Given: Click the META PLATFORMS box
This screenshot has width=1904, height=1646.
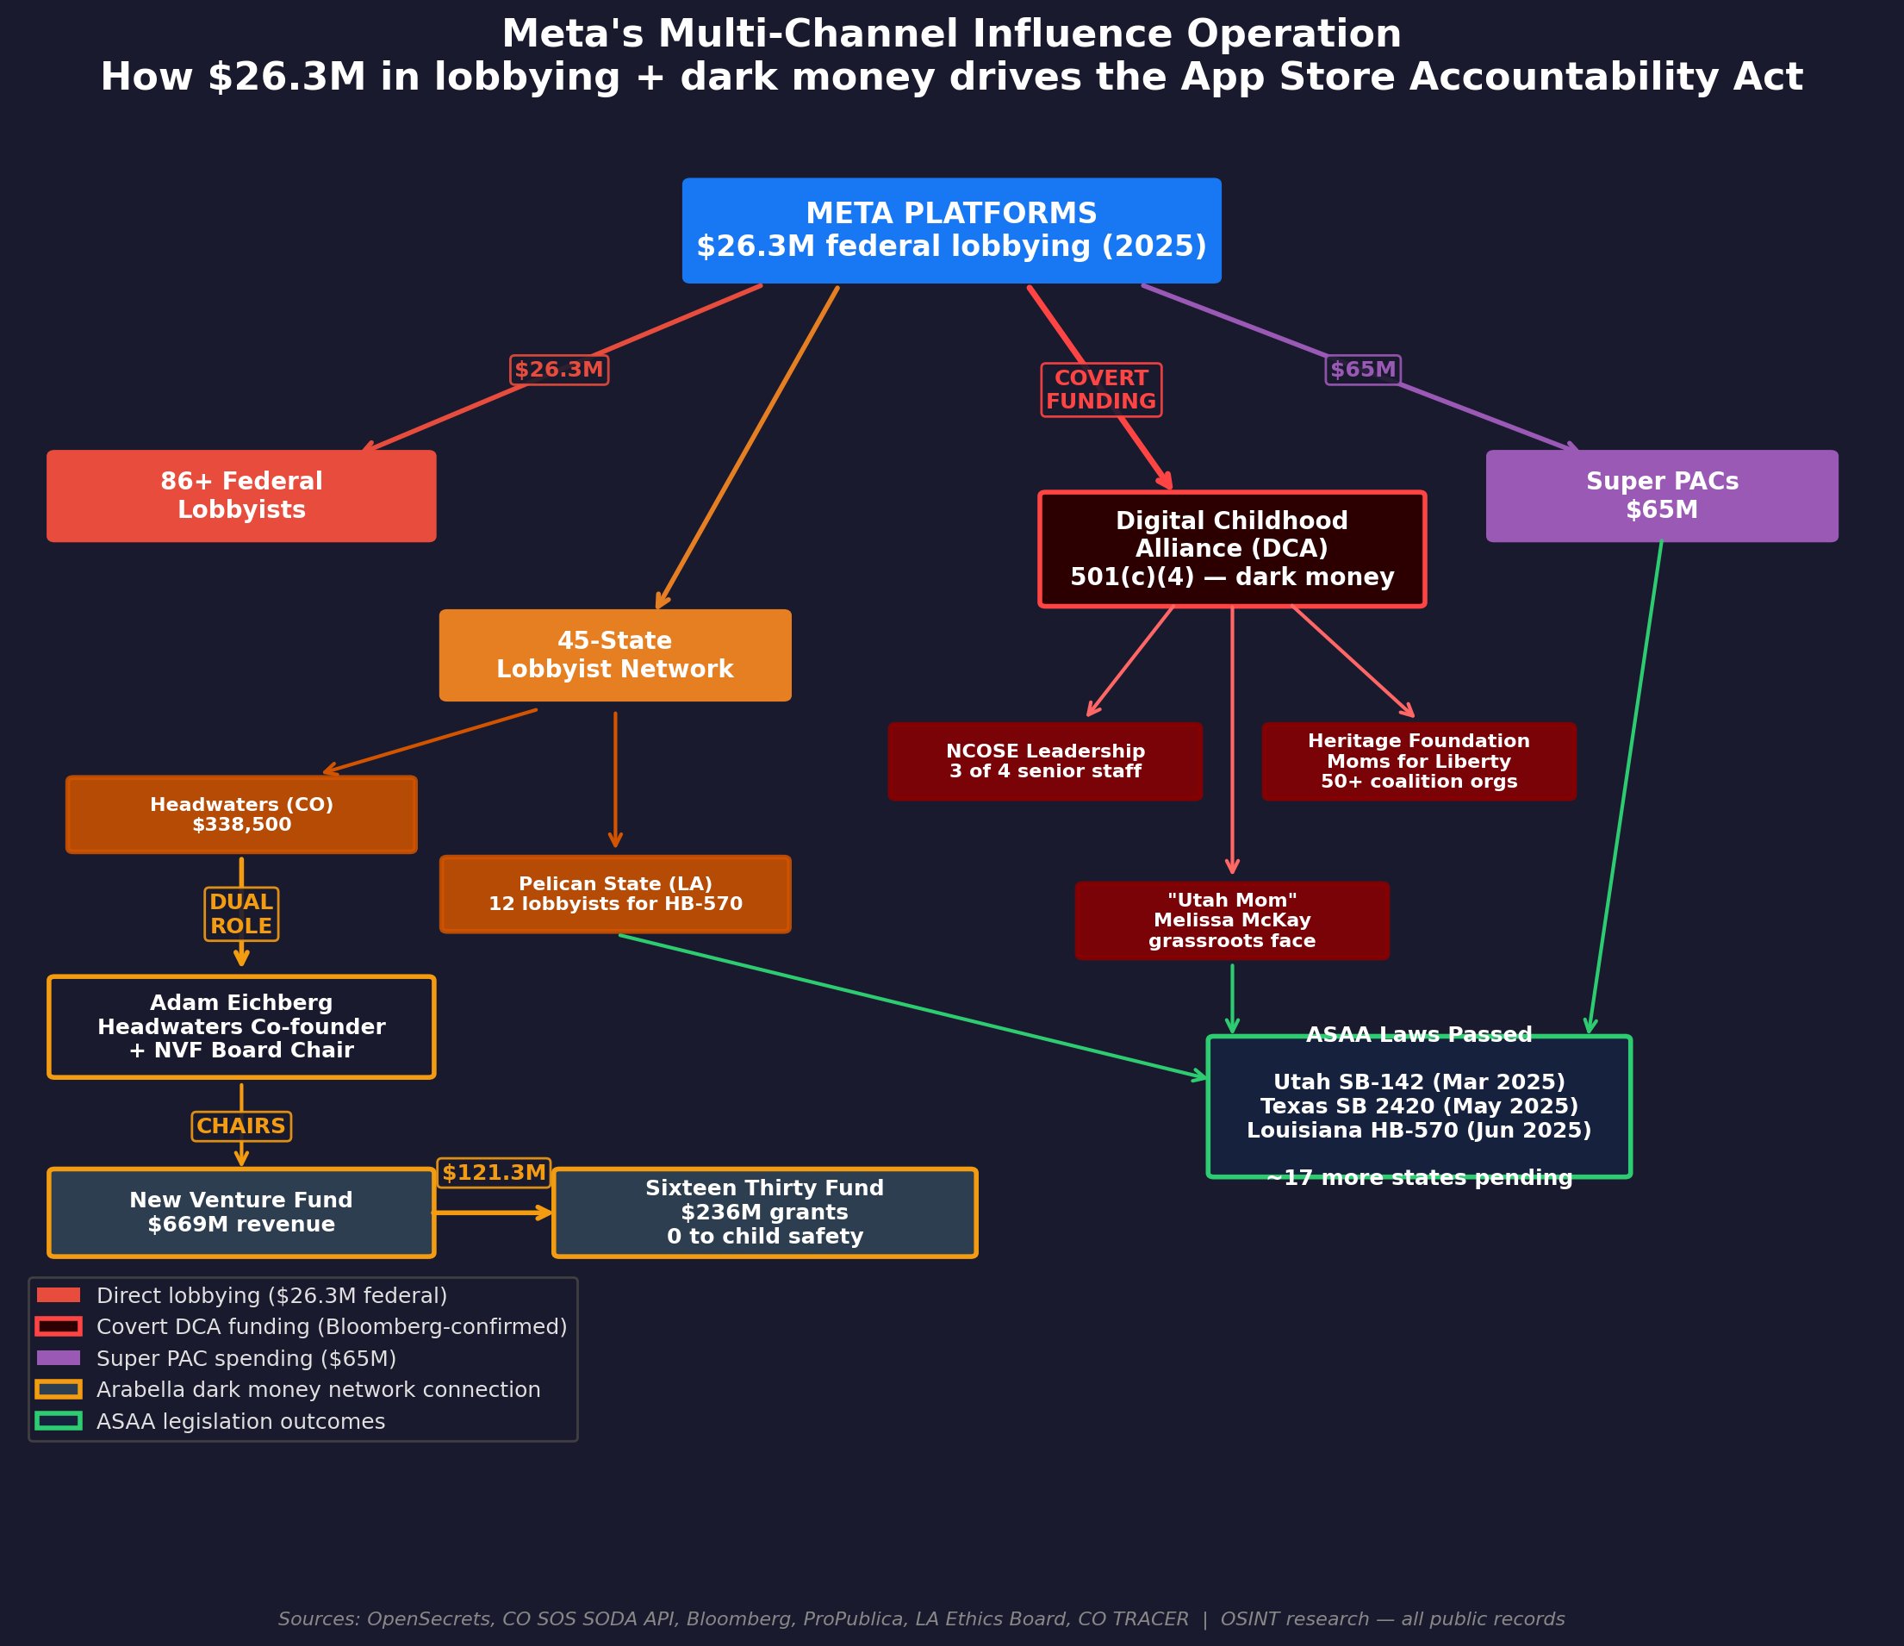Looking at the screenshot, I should pos(951,230).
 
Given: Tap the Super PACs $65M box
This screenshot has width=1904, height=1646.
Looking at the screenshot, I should pos(1661,496).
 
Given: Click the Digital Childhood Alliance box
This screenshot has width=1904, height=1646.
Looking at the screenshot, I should pos(1231,549).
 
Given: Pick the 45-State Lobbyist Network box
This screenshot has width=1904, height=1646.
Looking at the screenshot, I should pos(615,654).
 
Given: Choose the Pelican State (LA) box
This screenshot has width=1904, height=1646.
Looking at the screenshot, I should pos(615,894).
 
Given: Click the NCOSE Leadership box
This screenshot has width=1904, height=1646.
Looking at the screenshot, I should pos(1045,761).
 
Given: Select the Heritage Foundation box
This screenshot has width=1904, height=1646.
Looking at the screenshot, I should pos(1418,761).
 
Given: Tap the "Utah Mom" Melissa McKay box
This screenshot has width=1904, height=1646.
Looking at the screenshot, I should pos(1231,920).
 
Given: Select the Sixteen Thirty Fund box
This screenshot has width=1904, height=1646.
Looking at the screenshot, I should pos(763,1212).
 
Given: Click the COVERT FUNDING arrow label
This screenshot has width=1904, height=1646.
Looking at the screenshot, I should pos(1101,390).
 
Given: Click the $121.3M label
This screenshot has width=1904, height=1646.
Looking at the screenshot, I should pos(494,1172).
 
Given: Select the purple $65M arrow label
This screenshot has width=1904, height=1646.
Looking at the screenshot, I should pos(1363,370).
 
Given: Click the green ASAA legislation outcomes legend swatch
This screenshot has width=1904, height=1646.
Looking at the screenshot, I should pos(58,1421).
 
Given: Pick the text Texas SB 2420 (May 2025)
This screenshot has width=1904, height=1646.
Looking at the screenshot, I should pos(1419,1107).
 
